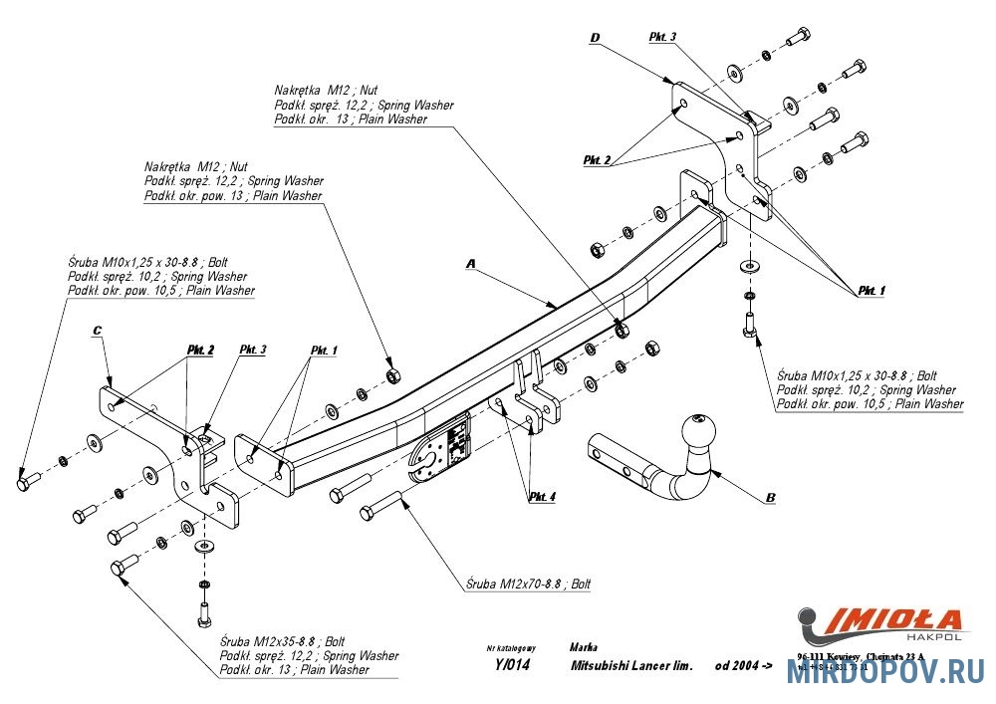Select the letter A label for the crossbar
coord(472,264)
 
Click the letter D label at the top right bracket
coord(594,39)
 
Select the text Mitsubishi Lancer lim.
coord(630,665)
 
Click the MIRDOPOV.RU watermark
coord(886,675)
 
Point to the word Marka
coord(585,646)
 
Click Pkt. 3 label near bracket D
coord(662,37)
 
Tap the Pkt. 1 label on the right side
coord(870,290)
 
